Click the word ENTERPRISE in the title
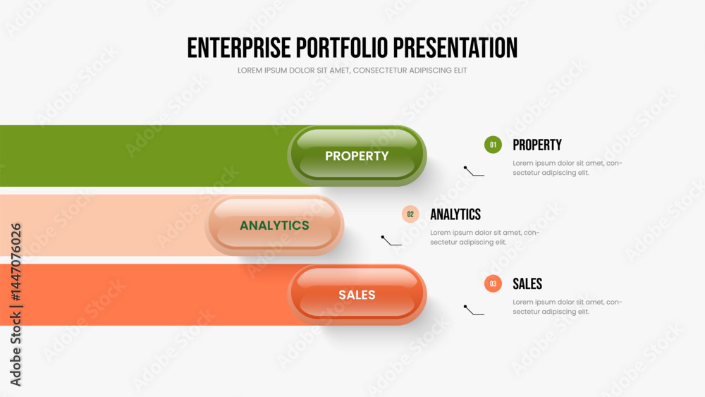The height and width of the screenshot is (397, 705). click(x=239, y=48)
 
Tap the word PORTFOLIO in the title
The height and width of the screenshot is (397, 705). click(x=342, y=48)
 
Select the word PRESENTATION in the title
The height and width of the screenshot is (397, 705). click(x=455, y=48)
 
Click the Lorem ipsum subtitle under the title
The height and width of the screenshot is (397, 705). click(x=352, y=71)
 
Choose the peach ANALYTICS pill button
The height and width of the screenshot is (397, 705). click(x=274, y=225)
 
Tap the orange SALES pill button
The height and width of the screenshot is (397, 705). click(x=357, y=295)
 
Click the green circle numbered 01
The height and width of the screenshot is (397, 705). click(x=493, y=145)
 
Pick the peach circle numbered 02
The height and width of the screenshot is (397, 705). click(x=410, y=214)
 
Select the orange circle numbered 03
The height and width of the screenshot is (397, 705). click(x=493, y=283)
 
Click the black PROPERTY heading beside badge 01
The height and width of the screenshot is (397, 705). click(x=537, y=145)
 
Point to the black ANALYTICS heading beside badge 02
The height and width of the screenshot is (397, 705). click(x=455, y=214)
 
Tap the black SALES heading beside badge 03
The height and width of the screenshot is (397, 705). click(x=527, y=283)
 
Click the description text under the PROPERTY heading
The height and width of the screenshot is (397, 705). click(x=568, y=168)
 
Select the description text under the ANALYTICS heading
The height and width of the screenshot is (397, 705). click(x=485, y=238)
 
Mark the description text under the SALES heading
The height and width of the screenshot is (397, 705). click(x=568, y=307)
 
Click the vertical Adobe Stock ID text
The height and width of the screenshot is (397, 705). click(x=16, y=305)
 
